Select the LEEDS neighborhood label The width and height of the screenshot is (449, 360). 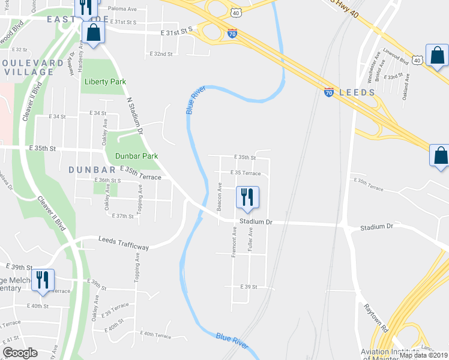[x=357, y=92]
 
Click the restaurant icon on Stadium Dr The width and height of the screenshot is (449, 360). [x=248, y=198]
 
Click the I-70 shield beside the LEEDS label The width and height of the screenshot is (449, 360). [x=328, y=92]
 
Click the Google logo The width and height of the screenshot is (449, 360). [x=20, y=353]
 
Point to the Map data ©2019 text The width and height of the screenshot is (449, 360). [x=423, y=355]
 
